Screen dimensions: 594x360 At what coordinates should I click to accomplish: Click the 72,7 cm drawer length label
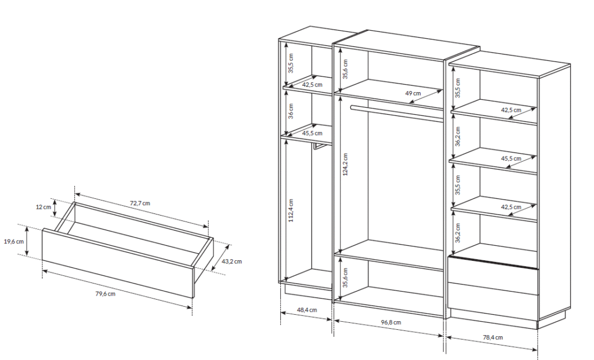tap(140, 203)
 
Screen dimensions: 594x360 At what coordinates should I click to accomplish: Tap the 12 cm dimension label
tap(44, 207)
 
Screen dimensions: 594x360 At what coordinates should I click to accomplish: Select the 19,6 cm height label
tap(14, 242)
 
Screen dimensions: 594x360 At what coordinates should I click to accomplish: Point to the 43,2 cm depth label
tap(231, 261)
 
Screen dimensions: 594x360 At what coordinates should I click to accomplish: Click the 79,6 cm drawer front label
tap(106, 294)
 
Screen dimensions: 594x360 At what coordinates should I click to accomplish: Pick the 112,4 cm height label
tap(291, 210)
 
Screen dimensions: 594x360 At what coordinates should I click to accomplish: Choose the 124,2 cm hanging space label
tap(345, 164)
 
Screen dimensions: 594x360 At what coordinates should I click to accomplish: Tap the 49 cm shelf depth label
tap(413, 93)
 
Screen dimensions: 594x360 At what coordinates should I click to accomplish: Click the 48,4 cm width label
tap(307, 310)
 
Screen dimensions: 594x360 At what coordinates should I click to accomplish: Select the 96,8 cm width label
tap(391, 322)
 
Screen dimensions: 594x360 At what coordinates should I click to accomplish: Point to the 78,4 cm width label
tap(493, 337)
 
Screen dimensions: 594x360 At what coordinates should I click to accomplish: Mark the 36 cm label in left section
tap(291, 111)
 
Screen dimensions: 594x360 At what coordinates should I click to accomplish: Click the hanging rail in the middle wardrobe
tap(397, 113)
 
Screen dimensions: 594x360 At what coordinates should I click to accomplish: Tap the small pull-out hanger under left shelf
tap(320, 146)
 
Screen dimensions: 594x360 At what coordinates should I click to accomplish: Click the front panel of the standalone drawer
tap(118, 263)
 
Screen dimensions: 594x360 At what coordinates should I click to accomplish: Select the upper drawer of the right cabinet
tap(493, 270)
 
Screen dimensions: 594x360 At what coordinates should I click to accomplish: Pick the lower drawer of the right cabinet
tap(493, 296)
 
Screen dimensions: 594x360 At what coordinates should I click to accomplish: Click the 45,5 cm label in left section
tap(312, 133)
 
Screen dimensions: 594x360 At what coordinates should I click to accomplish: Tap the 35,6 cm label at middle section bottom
tap(345, 278)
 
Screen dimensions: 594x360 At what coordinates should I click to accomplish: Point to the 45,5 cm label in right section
tap(511, 159)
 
